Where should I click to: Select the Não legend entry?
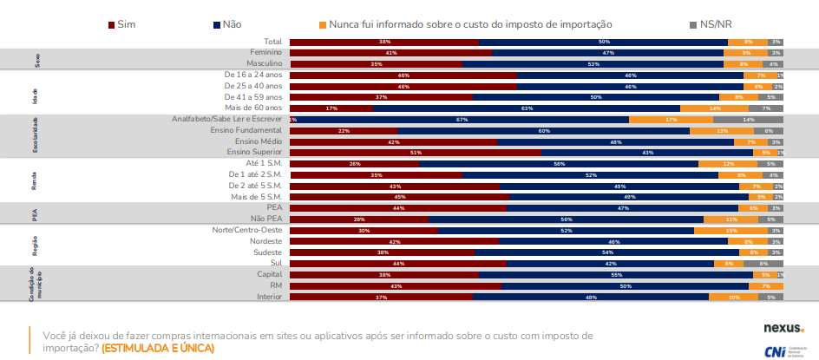tap(226, 25)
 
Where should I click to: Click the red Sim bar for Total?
tap(383, 42)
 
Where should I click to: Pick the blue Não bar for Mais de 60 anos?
tap(526, 108)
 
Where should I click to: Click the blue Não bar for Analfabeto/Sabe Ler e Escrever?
tap(462, 120)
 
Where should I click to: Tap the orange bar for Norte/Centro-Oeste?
tap(731, 231)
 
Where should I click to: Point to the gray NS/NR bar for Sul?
tap(763, 264)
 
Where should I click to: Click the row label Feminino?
tap(265, 53)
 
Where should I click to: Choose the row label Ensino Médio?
tap(259, 141)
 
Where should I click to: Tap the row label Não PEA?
tap(266, 219)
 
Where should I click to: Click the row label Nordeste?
tap(265, 242)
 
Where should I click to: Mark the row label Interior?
tap(268, 297)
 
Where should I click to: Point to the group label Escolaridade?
tap(36, 136)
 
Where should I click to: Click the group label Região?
tap(36, 247)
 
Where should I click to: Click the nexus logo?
tap(783, 329)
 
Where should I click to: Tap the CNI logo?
tap(784, 350)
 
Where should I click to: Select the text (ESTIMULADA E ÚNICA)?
tap(157, 348)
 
